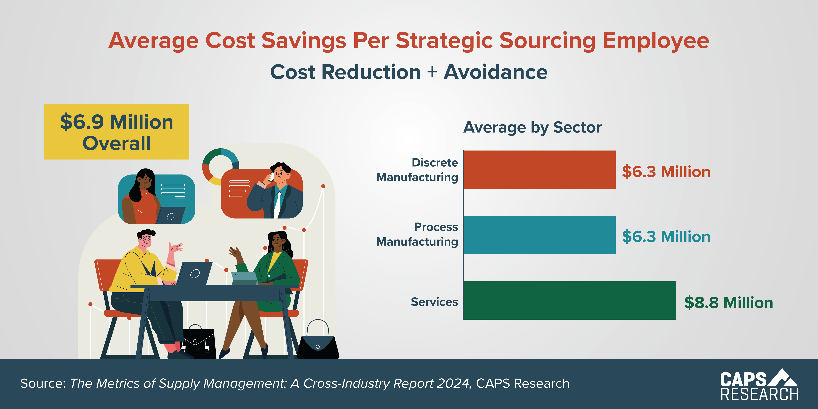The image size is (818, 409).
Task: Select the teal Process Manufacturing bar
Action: click(x=539, y=235)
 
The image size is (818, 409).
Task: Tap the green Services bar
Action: click(x=569, y=300)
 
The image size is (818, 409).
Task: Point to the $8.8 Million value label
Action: click(x=729, y=302)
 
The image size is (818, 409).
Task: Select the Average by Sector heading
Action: click(x=532, y=127)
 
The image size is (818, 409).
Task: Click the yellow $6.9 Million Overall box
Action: click(x=116, y=132)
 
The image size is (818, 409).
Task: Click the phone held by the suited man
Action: click(x=271, y=177)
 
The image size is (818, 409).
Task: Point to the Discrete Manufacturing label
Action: click(x=417, y=170)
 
